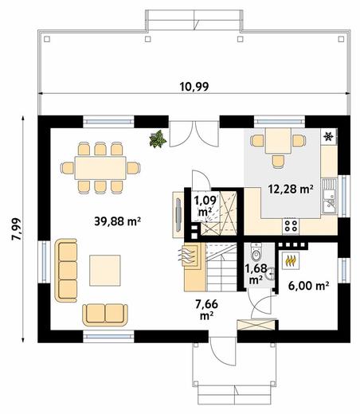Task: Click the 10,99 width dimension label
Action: click(194, 87)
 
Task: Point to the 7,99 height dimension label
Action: click(16, 229)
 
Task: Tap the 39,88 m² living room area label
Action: click(117, 221)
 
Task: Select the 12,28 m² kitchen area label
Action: click(291, 189)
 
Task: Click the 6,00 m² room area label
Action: click(309, 286)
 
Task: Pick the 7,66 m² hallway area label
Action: click(207, 310)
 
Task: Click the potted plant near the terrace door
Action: click(158, 139)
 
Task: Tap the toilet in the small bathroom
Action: click(256, 252)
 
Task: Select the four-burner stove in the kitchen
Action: click(291, 226)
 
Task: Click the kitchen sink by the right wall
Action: click(329, 196)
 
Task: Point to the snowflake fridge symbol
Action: click(328, 136)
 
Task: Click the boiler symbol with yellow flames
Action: click(291, 261)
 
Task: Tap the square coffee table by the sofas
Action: click(105, 271)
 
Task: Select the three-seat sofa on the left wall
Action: click(66, 271)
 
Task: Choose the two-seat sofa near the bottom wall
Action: click(105, 314)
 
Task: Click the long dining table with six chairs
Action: click(100, 168)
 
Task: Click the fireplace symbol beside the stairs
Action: click(190, 256)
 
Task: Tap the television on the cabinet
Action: click(178, 214)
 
